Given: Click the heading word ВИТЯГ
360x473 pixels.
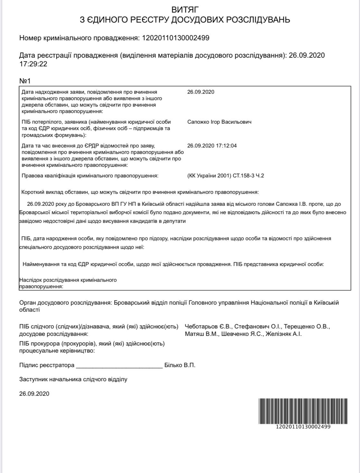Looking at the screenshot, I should coord(185,10).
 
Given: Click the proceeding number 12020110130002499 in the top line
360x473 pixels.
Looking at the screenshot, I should coord(175,38).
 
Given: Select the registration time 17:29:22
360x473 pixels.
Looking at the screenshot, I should coord(33,64).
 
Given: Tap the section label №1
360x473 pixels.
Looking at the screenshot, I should coord(25,80).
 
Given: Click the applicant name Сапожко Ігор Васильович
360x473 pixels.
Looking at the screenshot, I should coord(219,122).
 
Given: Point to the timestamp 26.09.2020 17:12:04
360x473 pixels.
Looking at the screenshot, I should coord(212,146).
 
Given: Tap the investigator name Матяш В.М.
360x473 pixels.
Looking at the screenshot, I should coord(202,334).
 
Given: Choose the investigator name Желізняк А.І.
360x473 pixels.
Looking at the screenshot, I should coord(283,334).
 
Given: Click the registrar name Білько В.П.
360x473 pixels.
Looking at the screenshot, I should coord(180,365).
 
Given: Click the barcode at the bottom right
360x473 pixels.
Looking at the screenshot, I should coord(303,411).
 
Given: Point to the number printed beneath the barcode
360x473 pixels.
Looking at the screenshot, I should coord(303,427).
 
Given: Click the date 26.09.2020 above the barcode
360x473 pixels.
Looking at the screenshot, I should coord(34,394).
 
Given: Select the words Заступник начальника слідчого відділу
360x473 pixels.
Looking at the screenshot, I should coord(73,379).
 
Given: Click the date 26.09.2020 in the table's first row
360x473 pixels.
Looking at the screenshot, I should coord(200,92).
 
